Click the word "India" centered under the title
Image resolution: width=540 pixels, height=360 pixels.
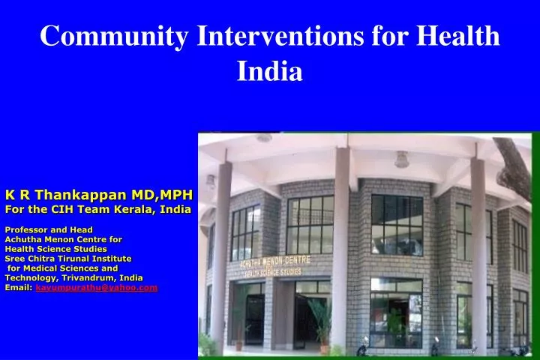point(270,71)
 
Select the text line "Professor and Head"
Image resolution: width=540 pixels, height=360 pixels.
point(49,229)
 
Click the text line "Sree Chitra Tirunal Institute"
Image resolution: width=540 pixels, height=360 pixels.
point(68,258)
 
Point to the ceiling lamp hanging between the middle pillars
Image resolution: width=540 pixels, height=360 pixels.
point(402,160)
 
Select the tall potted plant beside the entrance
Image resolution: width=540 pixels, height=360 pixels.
point(321,319)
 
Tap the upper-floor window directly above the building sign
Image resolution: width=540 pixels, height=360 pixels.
point(310,224)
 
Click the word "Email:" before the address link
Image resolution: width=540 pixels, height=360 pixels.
point(19,287)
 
